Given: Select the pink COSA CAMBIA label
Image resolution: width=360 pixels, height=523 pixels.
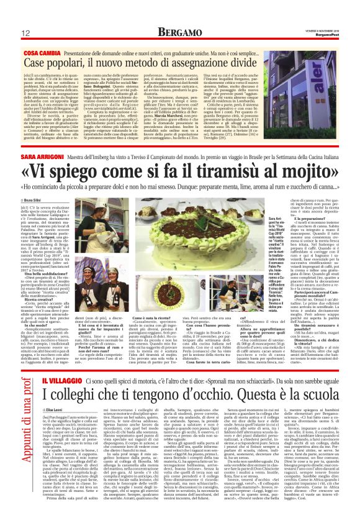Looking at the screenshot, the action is [x=40, y=53].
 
